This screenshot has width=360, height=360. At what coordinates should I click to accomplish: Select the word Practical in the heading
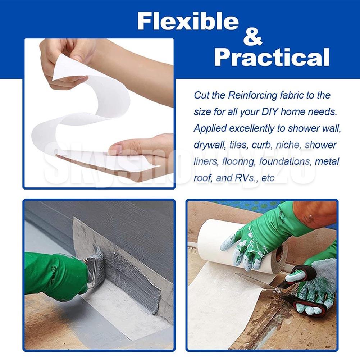tap(272, 58)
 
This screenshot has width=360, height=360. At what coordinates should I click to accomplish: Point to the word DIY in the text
tap(270, 112)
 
